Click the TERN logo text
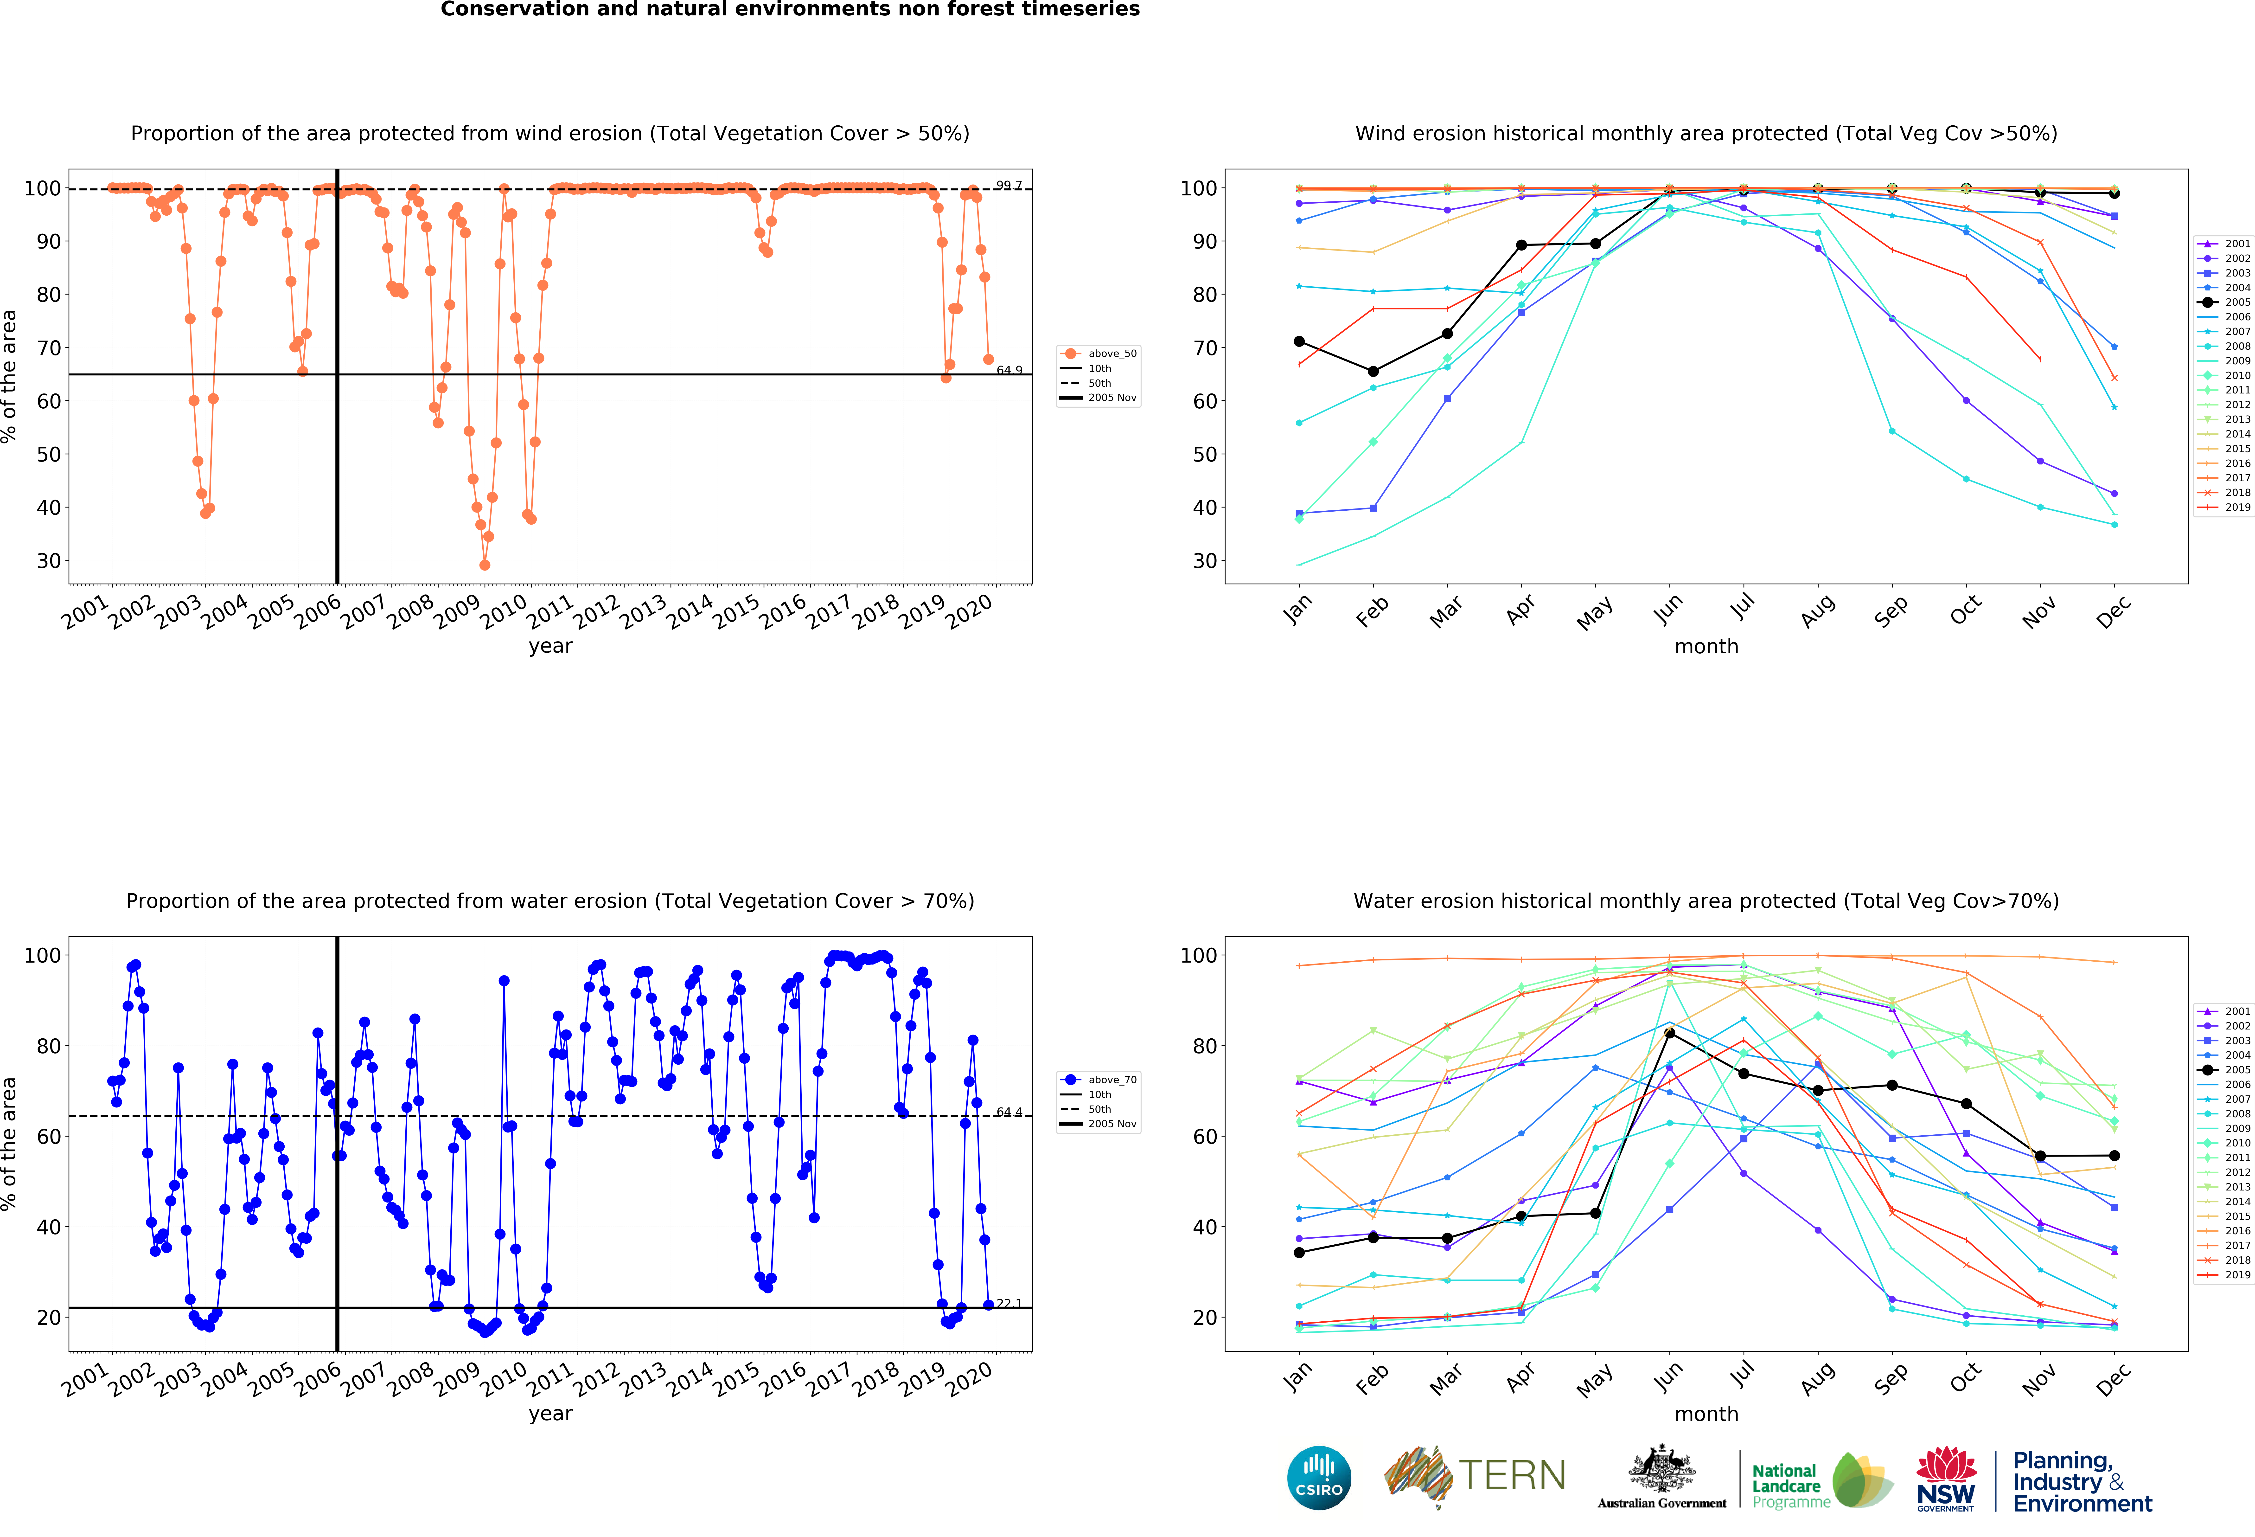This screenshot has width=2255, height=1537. click(1512, 1476)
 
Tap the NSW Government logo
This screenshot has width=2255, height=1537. click(1945, 1479)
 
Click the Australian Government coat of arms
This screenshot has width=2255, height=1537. click(1662, 1470)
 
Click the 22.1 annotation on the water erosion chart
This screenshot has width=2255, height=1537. click(1009, 1303)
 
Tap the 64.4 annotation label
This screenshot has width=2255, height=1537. click(1009, 1112)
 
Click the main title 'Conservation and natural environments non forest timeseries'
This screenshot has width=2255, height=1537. click(790, 10)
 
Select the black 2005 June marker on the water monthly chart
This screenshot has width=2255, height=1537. click(1670, 1032)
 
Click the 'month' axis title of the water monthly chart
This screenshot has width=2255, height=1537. click(1706, 1414)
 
